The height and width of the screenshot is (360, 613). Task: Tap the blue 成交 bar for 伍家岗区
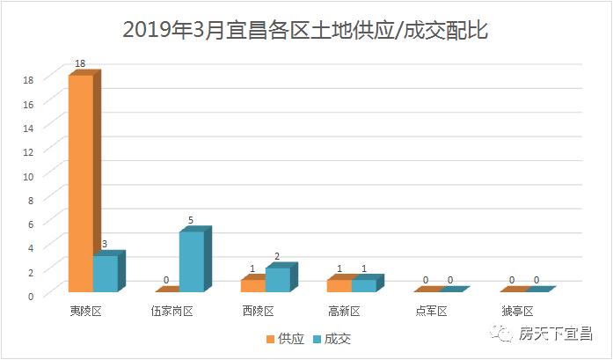pyautogui.click(x=191, y=261)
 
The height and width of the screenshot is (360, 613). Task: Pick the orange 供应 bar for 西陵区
pyautogui.click(x=252, y=285)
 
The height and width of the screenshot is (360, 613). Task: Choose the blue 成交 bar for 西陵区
pyautogui.click(x=277, y=279)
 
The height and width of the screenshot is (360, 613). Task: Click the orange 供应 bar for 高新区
pyautogui.click(x=339, y=285)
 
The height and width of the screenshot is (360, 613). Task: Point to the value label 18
pyautogui.click(x=80, y=64)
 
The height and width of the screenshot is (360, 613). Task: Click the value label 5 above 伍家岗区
pyautogui.click(x=191, y=221)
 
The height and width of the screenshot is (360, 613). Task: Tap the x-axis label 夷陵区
pyautogui.click(x=86, y=311)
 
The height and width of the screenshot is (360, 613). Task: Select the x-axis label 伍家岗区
pyautogui.click(x=172, y=311)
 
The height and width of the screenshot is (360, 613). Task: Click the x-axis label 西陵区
pyautogui.click(x=259, y=311)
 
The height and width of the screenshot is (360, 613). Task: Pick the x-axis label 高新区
pyautogui.click(x=345, y=311)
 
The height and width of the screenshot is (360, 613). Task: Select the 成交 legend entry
pyautogui.click(x=331, y=339)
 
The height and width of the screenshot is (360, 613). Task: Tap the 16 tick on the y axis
pyautogui.click(x=28, y=103)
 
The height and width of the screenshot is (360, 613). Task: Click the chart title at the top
pyautogui.click(x=305, y=30)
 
